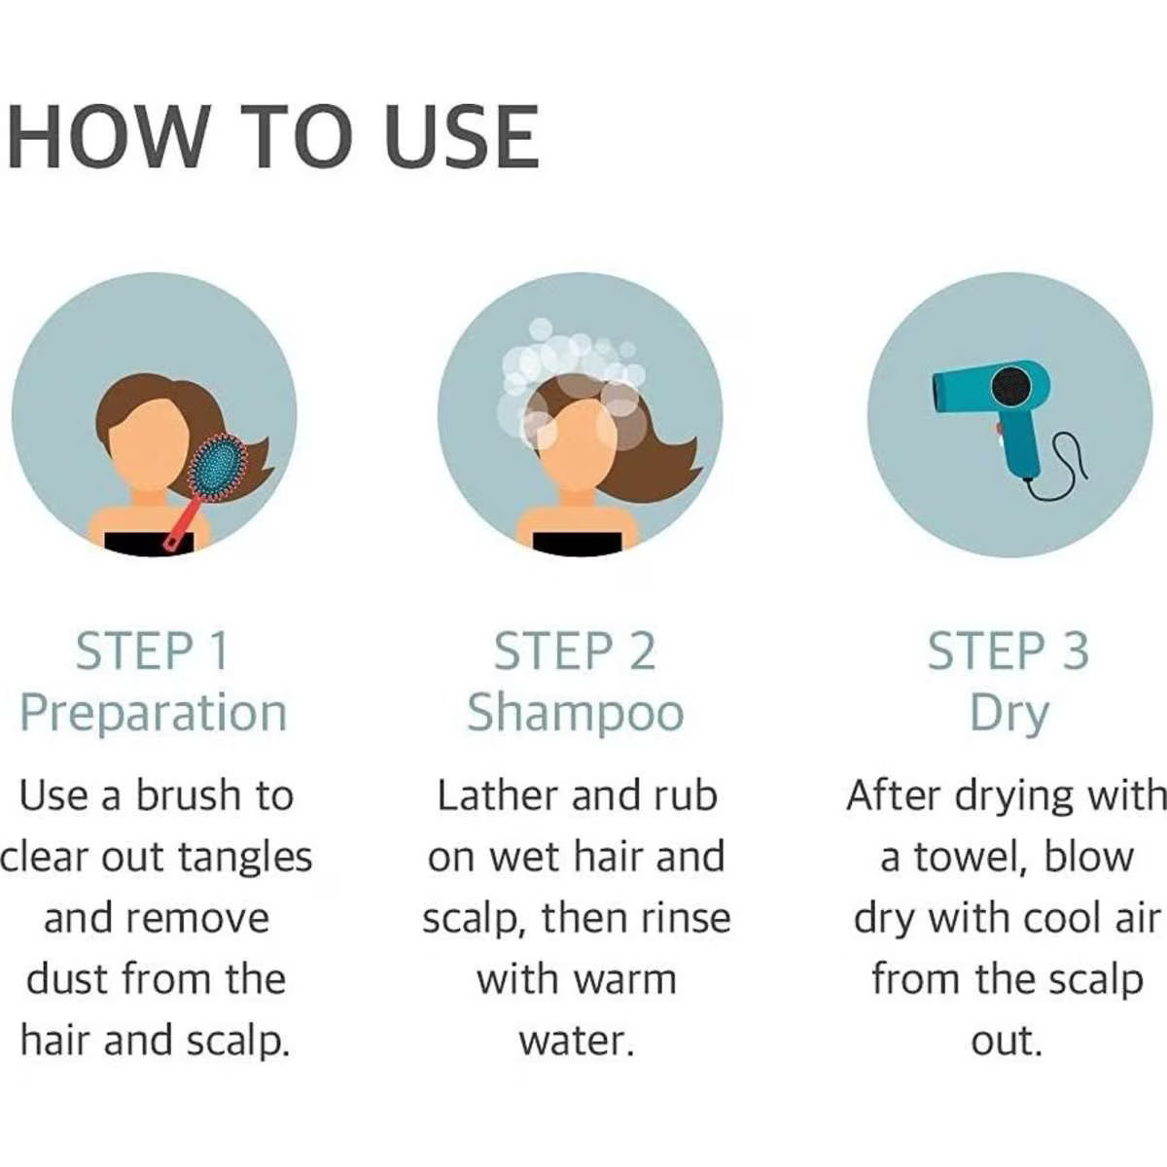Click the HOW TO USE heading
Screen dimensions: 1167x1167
pos(272,137)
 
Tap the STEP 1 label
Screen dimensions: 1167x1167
pos(152,652)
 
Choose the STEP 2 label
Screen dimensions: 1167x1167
pos(575,652)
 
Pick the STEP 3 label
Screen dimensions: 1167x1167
pos(1008,652)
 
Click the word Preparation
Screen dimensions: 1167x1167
pos(154,715)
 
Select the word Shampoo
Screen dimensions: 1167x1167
pos(576,715)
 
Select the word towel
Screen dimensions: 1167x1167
pos(971,858)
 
